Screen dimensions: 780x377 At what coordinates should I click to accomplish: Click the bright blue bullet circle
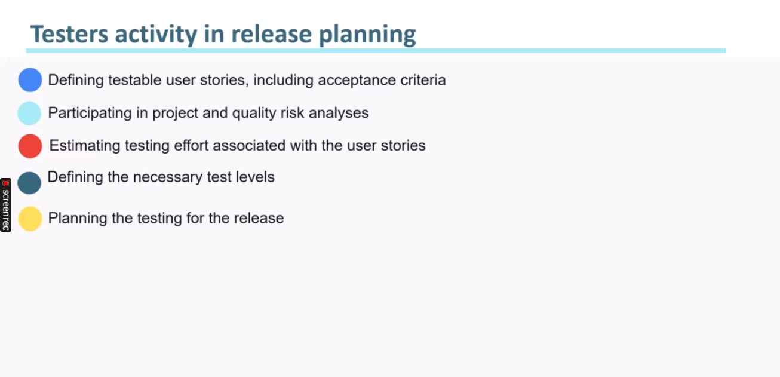click(30, 80)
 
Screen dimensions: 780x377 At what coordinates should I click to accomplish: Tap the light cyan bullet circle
click(29, 114)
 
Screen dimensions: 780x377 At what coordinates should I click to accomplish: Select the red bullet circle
click(30, 146)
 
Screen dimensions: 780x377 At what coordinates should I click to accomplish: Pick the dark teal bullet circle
click(29, 183)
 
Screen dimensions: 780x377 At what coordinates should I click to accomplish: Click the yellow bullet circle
click(30, 219)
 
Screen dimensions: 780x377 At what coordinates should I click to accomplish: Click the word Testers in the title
click(69, 34)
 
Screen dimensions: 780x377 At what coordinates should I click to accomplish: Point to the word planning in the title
click(367, 35)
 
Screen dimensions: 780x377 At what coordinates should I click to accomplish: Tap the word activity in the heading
click(156, 35)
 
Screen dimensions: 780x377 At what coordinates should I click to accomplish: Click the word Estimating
click(85, 146)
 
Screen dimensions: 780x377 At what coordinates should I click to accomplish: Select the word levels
click(255, 177)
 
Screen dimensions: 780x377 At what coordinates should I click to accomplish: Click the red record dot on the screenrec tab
click(5, 183)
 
